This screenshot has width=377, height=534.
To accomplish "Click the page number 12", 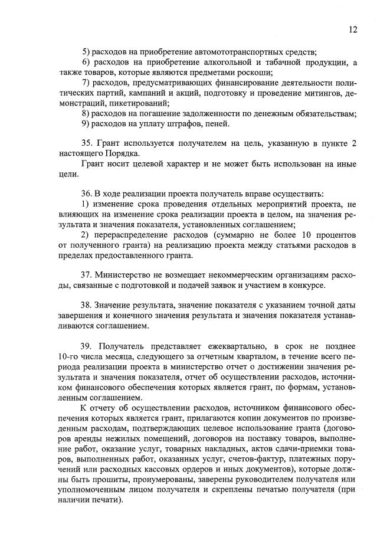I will pyautogui.click(x=353, y=29).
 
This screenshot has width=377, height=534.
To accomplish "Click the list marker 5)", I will pyautogui.click(x=86, y=52).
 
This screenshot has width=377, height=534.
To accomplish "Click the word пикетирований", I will pyautogui.click(x=138, y=102).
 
